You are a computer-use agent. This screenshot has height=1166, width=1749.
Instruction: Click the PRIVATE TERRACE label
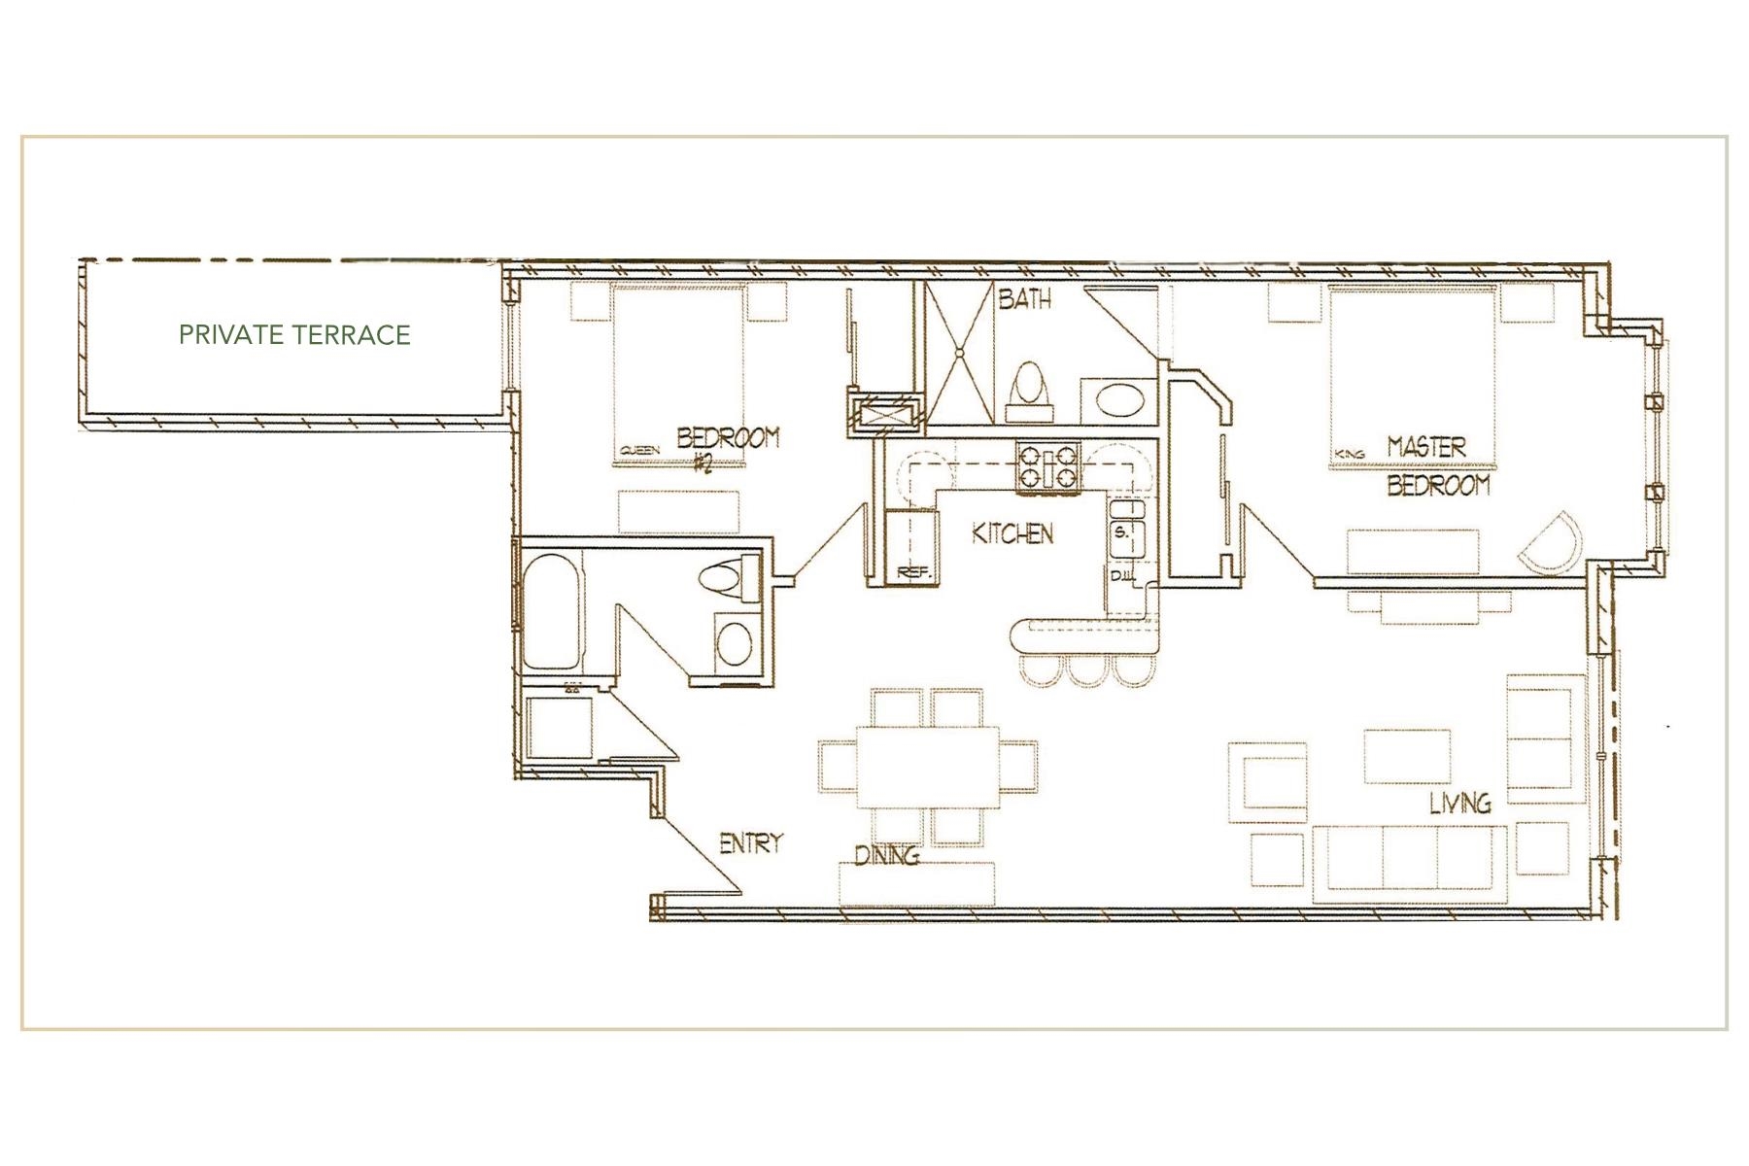(x=294, y=335)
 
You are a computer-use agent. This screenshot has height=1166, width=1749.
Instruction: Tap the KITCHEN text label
(x=1012, y=533)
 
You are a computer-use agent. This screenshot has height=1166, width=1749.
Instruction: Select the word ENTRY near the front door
(x=750, y=843)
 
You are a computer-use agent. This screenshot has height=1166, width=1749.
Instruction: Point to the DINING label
(x=886, y=855)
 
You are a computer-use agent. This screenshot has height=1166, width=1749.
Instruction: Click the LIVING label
(x=1459, y=803)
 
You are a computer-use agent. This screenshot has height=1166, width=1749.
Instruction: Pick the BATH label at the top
(x=1024, y=298)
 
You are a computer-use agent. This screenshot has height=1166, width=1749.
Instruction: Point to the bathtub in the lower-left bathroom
(x=551, y=612)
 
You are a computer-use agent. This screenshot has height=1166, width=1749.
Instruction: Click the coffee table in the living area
(x=1406, y=757)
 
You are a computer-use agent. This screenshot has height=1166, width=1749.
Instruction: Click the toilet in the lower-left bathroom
(x=730, y=578)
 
